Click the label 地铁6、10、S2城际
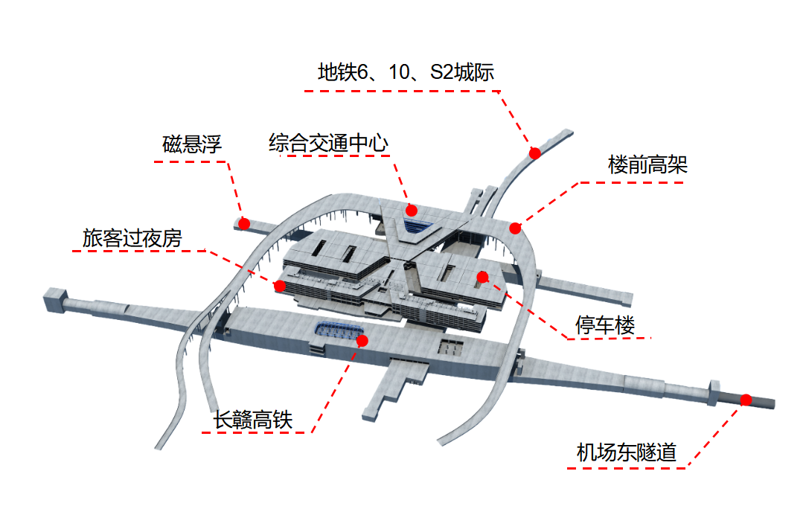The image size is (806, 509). [406, 72]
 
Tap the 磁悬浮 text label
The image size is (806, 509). [192, 144]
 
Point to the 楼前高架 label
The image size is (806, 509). [647, 164]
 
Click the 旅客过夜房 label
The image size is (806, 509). [132, 238]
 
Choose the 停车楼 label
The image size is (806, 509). [604, 325]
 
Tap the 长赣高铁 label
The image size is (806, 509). [253, 420]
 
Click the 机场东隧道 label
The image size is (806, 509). [626, 452]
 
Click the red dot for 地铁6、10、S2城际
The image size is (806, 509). [534, 153]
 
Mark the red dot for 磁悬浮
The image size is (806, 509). [243, 223]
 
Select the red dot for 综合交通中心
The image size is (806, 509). [412, 211]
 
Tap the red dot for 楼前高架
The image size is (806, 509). [515, 228]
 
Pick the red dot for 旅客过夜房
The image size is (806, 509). [280, 286]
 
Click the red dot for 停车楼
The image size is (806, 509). [482, 278]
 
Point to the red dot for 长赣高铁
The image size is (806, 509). [363, 341]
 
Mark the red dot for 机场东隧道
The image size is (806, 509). [746, 400]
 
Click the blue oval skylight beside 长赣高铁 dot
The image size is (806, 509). [337, 330]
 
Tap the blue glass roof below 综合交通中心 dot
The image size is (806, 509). [417, 224]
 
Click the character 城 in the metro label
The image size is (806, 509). [466, 72]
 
